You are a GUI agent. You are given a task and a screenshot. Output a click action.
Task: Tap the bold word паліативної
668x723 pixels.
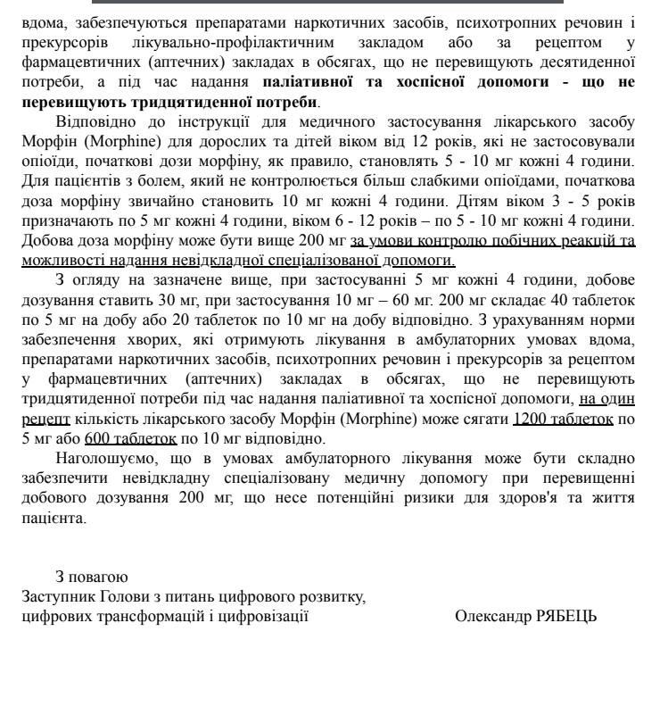coord(311,81)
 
